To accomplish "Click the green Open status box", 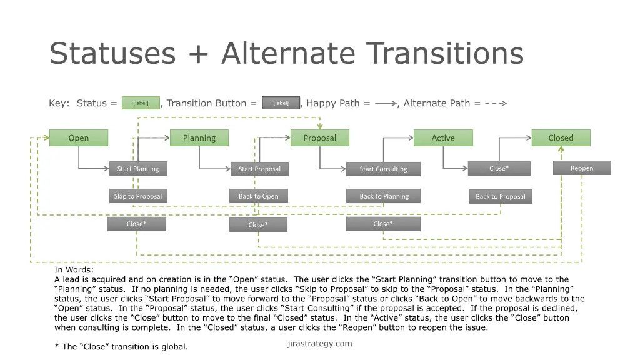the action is (x=78, y=138).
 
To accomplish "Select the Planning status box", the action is (x=199, y=138).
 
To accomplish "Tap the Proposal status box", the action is (x=319, y=138).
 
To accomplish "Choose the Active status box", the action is (x=443, y=138).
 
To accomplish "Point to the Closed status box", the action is (x=561, y=138).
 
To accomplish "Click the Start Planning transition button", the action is (x=138, y=169).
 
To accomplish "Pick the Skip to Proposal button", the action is (x=138, y=196).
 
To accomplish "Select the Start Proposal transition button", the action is (x=259, y=169).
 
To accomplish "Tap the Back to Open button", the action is (x=259, y=196).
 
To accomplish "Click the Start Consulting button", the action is (x=383, y=169).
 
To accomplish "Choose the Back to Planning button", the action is (x=383, y=196).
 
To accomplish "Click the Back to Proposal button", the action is (x=500, y=196).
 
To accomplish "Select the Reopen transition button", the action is (x=582, y=168).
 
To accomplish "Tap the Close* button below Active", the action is (x=499, y=168).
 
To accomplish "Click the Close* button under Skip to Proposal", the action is (x=137, y=224).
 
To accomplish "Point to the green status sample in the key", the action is (x=141, y=103).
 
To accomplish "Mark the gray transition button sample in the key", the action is (x=281, y=103).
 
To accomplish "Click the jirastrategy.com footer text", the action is (x=319, y=344).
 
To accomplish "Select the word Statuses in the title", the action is (x=112, y=54).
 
